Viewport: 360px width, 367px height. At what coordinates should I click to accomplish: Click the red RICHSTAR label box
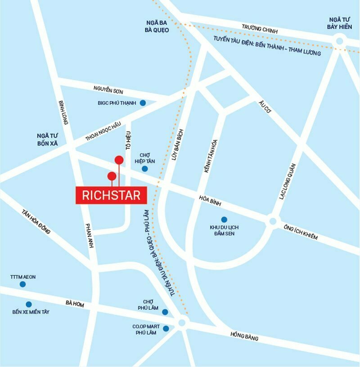[112, 195]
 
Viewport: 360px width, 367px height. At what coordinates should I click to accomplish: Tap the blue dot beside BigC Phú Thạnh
[143, 103]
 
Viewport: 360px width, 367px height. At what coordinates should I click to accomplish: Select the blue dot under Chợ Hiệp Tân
[144, 169]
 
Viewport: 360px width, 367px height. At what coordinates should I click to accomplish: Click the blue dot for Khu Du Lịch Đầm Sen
[224, 219]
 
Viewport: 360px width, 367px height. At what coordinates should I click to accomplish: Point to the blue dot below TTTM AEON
[22, 284]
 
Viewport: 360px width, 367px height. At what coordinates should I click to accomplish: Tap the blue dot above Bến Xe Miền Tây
[29, 304]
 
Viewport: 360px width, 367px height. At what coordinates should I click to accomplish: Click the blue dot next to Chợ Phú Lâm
[165, 312]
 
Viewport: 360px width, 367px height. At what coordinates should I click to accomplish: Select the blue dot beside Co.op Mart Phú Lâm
[166, 328]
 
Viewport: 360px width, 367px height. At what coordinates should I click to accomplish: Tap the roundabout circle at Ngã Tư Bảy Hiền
[339, 41]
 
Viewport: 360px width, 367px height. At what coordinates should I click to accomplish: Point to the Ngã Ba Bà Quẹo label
[157, 27]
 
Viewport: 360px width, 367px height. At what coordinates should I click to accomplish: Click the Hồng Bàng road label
[244, 335]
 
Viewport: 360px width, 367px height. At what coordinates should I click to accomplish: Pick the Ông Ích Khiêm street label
[300, 231]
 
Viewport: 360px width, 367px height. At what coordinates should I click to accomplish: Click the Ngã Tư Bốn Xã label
[49, 138]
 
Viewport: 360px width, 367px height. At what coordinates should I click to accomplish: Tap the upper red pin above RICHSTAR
[119, 160]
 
